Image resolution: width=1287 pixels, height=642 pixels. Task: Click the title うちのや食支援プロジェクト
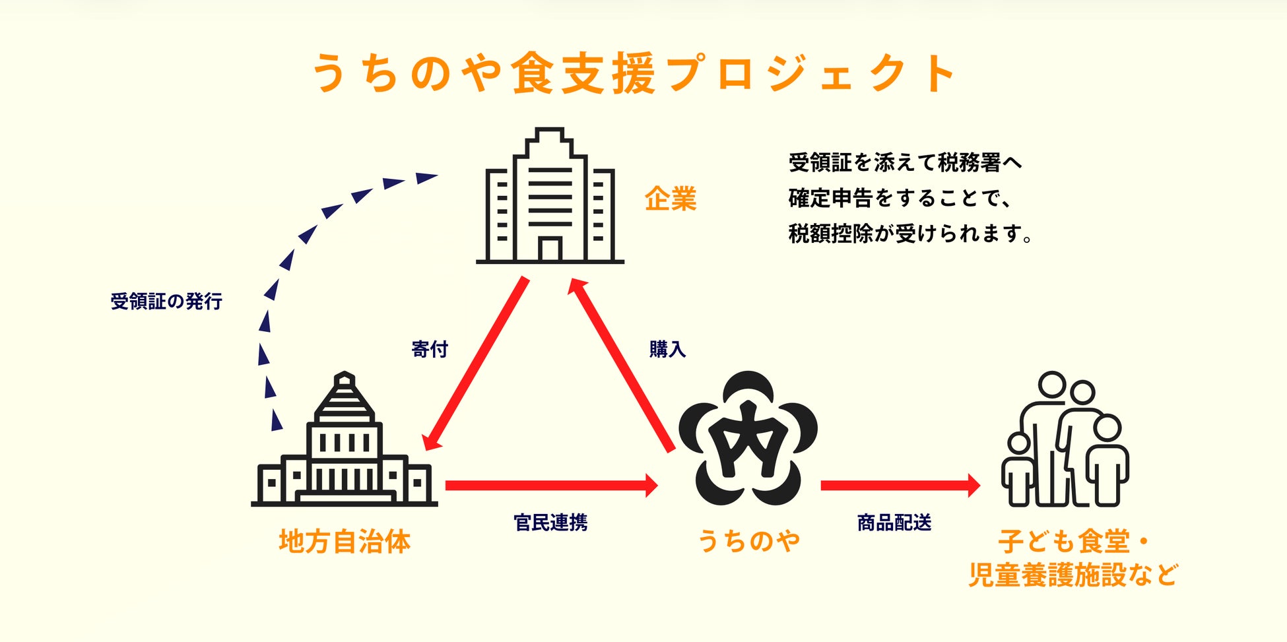pos(634,73)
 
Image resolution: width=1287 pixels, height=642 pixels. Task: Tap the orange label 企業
pos(671,199)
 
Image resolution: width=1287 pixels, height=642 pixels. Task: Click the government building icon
pos(344,442)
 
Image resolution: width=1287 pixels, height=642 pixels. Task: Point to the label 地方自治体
pos(345,542)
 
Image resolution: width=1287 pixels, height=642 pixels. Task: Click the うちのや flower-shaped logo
pos(748,439)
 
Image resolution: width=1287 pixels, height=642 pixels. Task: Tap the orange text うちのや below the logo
pos(748,541)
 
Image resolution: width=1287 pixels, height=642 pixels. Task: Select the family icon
pos(1065,441)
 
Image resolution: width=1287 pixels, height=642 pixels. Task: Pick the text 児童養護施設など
pos(1073,575)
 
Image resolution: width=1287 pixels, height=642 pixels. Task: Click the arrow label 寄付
pos(430,349)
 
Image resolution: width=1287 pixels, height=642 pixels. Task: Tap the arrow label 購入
pos(667,349)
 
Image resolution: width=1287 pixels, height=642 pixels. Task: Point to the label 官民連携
pos(550,523)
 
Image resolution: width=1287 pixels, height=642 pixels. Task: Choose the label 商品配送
pos(894,523)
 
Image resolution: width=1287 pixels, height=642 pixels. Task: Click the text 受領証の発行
pos(166,302)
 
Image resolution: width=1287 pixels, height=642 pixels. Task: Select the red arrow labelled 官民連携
pos(551,486)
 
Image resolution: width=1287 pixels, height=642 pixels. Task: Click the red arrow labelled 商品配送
pos(900,486)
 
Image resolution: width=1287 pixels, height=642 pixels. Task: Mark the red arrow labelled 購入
pos(622,364)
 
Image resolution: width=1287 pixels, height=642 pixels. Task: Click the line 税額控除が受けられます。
pos(911,234)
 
